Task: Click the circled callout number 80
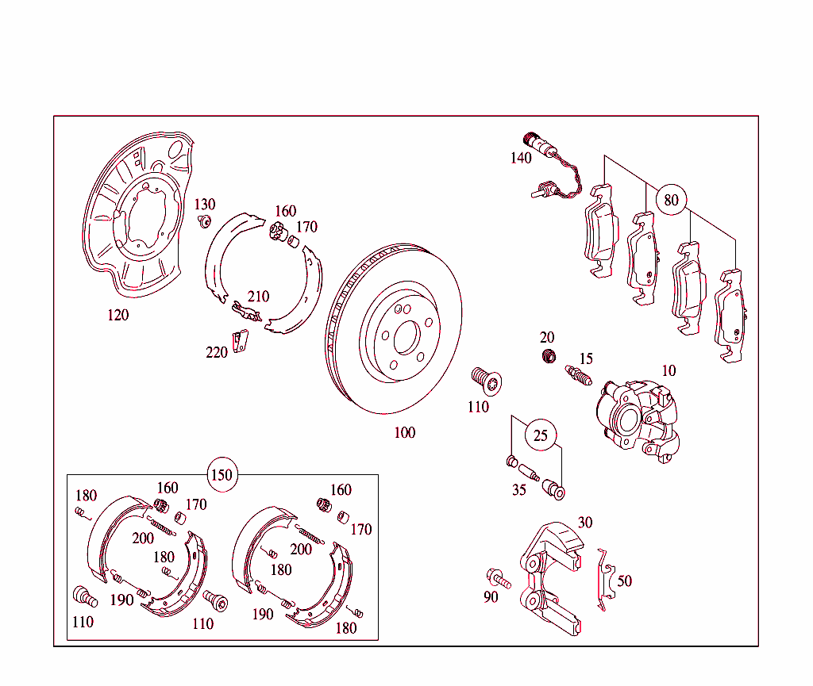[x=672, y=200]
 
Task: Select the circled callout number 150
[x=222, y=475]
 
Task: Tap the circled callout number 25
[x=541, y=435]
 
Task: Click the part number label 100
[x=405, y=433]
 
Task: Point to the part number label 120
[x=118, y=316]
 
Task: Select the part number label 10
[x=669, y=370]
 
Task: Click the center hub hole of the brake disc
[x=406, y=337]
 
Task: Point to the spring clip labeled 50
[x=605, y=579]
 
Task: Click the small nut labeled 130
[x=205, y=220]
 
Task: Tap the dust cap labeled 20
[x=547, y=356]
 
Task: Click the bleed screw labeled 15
[x=580, y=374]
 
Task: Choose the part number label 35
[x=518, y=490]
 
